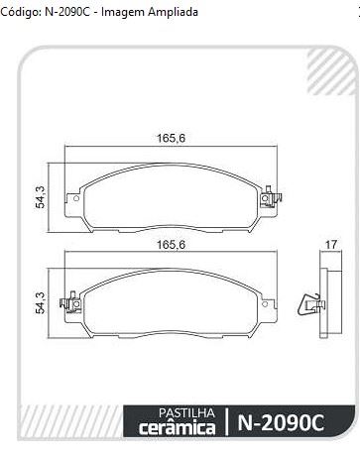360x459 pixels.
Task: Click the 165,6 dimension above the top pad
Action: click(171, 138)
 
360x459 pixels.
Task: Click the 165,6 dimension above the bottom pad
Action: click(171, 245)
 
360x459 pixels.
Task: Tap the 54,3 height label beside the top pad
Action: click(41, 197)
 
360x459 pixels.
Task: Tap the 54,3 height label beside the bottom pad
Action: click(41, 302)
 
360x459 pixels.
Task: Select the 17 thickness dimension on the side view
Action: click(331, 245)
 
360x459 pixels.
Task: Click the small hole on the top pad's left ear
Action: click(75, 198)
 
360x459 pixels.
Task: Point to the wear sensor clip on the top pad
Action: click(271, 197)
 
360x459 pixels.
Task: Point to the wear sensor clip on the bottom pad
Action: click(70, 302)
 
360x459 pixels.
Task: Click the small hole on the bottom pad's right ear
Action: click(265, 304)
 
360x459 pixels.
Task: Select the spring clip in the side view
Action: click(310, 304)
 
